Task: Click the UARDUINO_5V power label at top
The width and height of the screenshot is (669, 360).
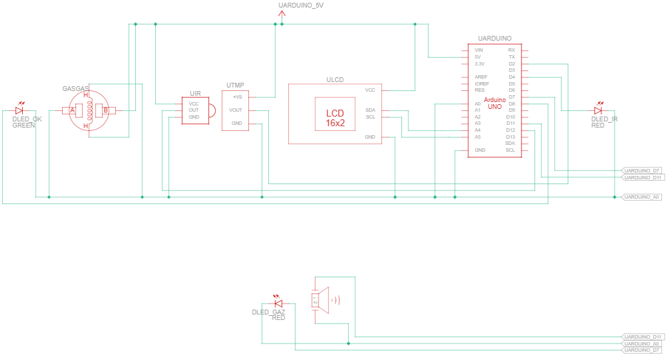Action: point(300,6)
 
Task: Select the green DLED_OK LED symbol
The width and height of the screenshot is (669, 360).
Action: point(19,110)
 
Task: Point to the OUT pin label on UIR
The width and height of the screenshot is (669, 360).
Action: point(194,110)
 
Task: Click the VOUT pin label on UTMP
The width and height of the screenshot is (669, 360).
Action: point(236,110)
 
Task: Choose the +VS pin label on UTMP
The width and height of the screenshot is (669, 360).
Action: point(237,97)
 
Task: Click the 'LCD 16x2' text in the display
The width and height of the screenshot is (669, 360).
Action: point(335,118)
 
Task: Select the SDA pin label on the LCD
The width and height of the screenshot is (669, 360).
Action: point(370,110)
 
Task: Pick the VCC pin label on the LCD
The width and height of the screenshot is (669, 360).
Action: point(370,90)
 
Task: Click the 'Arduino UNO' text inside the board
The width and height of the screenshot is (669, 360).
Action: point(495,103)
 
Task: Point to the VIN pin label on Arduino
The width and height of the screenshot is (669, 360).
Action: point(479,50)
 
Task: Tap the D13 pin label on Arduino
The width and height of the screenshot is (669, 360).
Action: point(510,137)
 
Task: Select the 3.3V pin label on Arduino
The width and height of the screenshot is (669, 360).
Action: point(479,63)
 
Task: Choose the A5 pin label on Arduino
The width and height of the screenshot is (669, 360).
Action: point(477,137)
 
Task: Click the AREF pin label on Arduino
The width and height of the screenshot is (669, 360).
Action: point(481,77)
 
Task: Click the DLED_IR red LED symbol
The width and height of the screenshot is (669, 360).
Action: point(598,110)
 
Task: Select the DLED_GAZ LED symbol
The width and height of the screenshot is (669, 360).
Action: point(279,303)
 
